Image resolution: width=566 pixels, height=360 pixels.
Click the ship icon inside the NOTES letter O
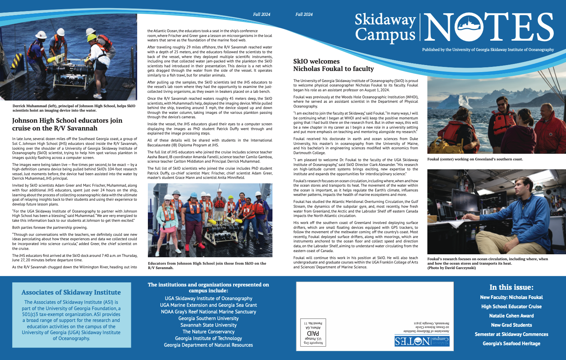click(468, 26)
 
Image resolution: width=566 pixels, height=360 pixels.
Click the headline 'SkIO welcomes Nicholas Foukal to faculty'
click(333, 65)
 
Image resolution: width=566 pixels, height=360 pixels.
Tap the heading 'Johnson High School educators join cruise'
click(67, 124)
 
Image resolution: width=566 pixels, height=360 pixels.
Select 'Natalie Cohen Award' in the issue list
click(511, 316)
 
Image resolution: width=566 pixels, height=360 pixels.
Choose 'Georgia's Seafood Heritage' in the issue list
click(511, 343)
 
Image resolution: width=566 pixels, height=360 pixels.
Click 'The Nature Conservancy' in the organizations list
click(209, 332)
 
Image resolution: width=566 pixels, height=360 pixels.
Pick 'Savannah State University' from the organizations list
click(209, 325)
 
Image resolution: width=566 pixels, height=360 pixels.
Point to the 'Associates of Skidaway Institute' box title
click(71, 292)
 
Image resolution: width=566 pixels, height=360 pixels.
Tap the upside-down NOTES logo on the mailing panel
click(421, 341)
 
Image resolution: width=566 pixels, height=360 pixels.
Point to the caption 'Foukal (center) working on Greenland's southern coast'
click(475, 159)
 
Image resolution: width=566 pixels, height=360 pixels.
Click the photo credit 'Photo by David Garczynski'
click(451, 268)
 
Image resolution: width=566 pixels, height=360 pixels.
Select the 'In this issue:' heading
click(511, 287)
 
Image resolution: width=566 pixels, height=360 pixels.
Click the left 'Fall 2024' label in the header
click(261, 14)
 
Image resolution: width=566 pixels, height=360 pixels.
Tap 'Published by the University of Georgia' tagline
click(488, 50)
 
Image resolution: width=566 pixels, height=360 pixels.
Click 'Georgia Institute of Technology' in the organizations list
click(209, 338)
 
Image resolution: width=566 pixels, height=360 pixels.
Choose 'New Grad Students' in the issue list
click(511, 325)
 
